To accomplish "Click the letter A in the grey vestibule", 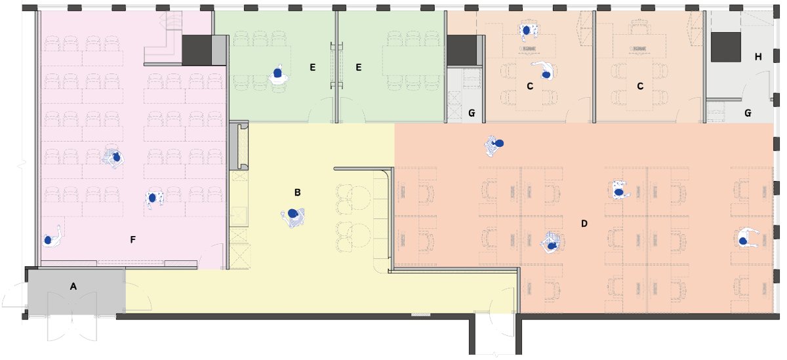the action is [x=73, y=287].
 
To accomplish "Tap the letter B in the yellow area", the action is [x=297, y=193].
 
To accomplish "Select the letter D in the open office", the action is [x=584, y=224].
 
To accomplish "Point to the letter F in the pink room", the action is [x=132, y=239].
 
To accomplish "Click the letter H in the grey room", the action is [x=758, y=57].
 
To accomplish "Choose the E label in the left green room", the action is [x=313, y=68].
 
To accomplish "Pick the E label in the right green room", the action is [x=358, y=68].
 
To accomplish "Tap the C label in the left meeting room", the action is [x=530, y=87].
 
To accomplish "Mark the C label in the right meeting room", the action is [x=640, y=87].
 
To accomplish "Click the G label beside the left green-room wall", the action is [x=472, y=113].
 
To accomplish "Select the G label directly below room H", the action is [x=748, y=113].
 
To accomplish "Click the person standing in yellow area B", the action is [x=293, y=218].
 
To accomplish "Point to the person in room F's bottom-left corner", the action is [x=52, y=237].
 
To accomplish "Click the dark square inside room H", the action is [x=726, y=47].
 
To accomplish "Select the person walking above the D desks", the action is [x=494, y=146].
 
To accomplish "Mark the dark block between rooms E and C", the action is [x=461, y=50].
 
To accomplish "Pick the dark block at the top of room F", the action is [x=197, y=50].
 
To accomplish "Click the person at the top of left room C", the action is [x=528, y=30].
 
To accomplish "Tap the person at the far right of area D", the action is [x=746, y=238].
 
